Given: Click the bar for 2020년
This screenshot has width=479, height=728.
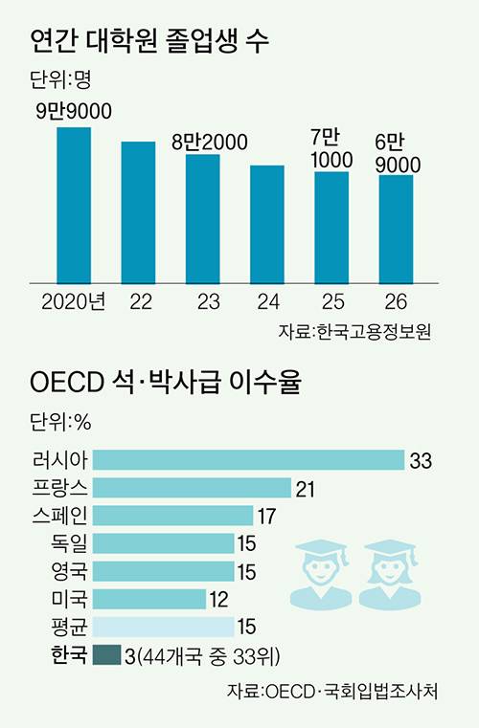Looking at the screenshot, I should (x=74, y=205).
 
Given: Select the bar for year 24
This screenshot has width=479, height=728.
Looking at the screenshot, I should (x=267, y=224).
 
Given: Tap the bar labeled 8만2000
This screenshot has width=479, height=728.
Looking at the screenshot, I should (x=202, y=218).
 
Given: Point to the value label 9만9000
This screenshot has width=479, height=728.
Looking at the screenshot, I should (x=73, y=112).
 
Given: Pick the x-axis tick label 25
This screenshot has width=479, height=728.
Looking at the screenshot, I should (x=331, y=302).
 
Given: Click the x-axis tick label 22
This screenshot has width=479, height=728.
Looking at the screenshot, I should (x=139, y=302).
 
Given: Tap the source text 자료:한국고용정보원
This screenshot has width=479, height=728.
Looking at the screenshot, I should (x=354, y=332).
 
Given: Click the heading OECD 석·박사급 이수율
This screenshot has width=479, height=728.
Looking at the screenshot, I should (x=164, y=386).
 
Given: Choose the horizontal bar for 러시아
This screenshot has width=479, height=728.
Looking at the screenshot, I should (x=249, y=460).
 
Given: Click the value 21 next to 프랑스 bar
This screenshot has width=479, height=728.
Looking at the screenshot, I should (x=306, y=489).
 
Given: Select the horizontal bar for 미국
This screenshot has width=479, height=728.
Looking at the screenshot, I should (x=150, y=599).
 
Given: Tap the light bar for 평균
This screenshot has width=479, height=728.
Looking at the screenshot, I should (x=164, y=627).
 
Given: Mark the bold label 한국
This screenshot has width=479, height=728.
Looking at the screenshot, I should (x=65, y=655).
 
